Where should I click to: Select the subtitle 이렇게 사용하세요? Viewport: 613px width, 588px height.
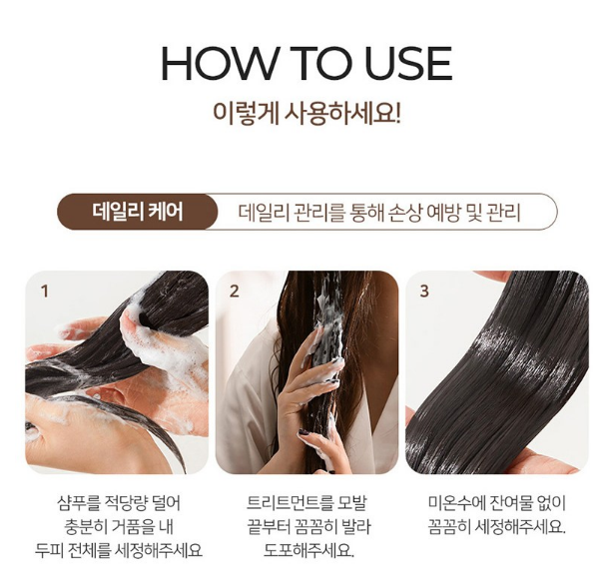[x=306, y=113]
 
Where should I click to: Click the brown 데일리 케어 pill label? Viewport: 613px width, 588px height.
[x=138, y=212]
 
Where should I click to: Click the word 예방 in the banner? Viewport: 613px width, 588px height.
[x=444, y=213]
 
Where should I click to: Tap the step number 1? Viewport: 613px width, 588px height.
[x=45, y=292]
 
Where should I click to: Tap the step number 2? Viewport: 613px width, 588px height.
[x=234, y=292]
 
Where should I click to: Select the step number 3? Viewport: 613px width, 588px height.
[x=424, y=292]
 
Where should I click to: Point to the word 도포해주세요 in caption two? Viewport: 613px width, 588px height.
[x=307, y=551]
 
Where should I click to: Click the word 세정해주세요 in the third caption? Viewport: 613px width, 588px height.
[x=519, y=527]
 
